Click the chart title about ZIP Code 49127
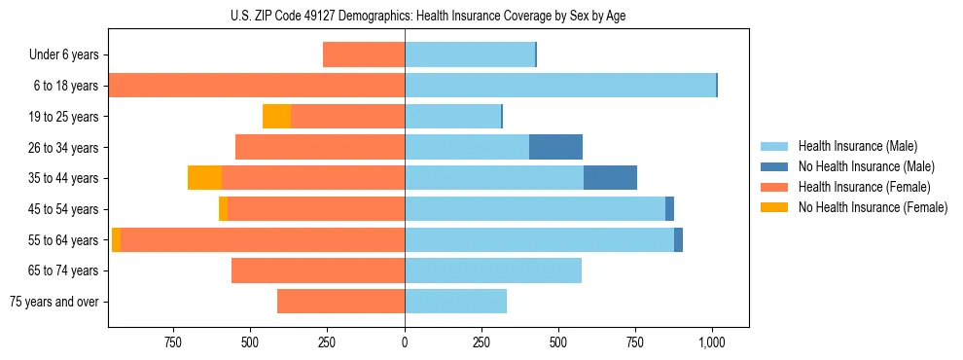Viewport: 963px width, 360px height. [x=428, y=15]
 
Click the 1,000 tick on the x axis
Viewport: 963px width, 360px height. [x=713, y=342]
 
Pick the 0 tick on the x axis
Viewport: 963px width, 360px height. [x=405, y=342]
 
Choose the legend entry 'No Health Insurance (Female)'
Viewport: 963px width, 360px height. [x=872, y=207]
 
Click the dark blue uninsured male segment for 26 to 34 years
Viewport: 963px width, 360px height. [x=555, y=147]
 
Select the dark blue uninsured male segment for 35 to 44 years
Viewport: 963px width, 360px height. [x=610, y=178]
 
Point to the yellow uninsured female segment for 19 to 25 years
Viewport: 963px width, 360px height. [x=276, y=117]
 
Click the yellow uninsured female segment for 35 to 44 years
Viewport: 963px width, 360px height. [x=204, y=178]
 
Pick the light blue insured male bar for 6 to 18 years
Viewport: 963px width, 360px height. [x=560, y=86]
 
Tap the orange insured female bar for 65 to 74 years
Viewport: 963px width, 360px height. [x=318, y=270]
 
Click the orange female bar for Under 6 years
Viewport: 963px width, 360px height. [x=364, y=54]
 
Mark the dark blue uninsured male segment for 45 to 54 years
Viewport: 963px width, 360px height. [x=669, y=209]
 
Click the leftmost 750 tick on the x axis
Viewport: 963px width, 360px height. [x=173, y=342]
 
